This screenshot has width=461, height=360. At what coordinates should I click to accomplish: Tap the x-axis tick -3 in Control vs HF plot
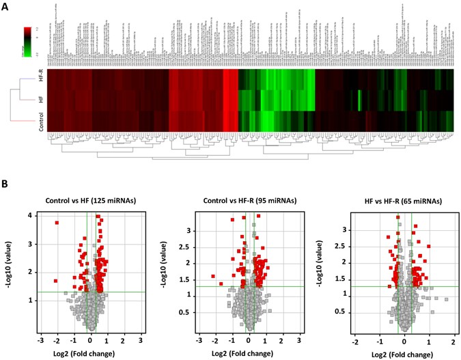(40, 340)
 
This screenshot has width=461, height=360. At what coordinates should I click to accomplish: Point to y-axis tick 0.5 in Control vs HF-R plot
(187, 312)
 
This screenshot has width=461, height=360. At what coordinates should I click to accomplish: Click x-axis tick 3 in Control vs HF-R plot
(298, 340)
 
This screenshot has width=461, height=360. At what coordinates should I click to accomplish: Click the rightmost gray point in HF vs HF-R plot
(447, 299)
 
